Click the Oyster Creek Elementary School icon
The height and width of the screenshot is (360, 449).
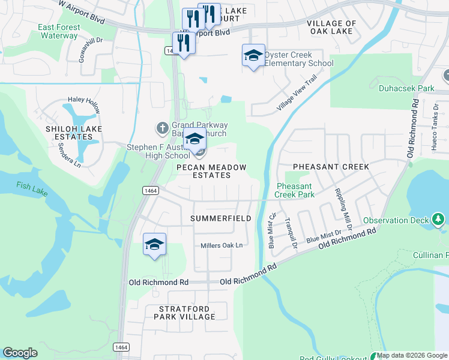(x=253, y=56)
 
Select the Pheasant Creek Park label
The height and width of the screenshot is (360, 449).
(x=294, y=191)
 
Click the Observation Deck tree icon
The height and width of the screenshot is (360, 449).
(x=439, y=220)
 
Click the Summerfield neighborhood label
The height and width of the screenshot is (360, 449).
(x=221, y=219)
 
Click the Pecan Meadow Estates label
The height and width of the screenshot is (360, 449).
(x=203, y=171)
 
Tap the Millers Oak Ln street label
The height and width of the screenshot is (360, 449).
(x=221, y=245)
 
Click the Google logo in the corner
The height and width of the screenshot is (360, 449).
(x=20, y=353)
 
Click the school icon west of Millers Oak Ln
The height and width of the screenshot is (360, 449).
(x=154, y=245)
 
